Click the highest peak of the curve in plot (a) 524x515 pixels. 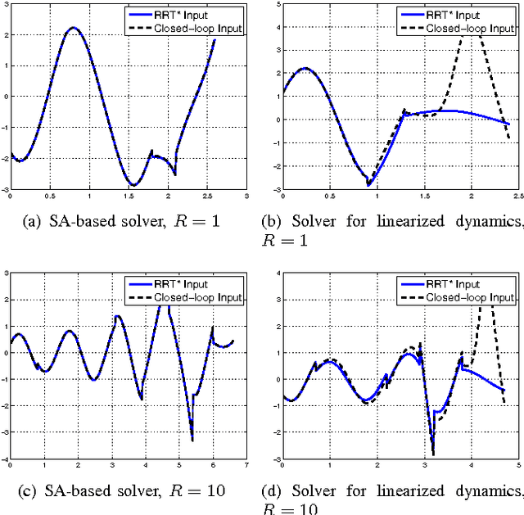pyautogui.click(x=73, y=28)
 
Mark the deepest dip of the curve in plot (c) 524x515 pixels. pyautogui.click(x=192, y=440)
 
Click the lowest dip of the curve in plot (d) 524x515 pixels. pyautogui.click(x=432, y=454)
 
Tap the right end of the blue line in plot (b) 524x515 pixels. pyautogui.click(x=510, y=124)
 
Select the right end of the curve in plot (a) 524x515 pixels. pyautogui.click(x=215, y=39)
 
